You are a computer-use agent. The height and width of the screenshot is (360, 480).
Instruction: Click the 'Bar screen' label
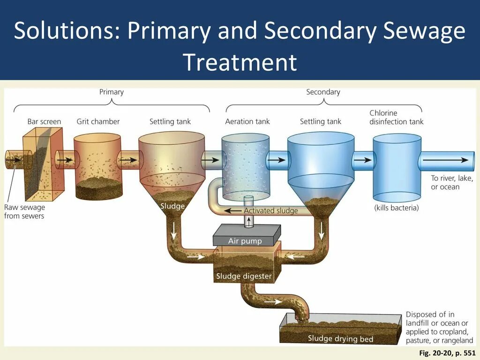pyautogui.click(x=44, y=122)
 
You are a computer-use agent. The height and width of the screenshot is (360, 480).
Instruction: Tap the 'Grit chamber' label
pyautogui.click(x=98, y=122)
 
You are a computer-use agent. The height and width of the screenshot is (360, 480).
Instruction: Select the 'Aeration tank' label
pyautogui.click(x=247, y=122)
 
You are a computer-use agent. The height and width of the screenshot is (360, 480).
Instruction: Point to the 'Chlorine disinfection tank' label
pyautogui.click(x=396, y=117)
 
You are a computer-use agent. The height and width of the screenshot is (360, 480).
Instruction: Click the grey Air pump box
pyautogui.click(x=245, y=237)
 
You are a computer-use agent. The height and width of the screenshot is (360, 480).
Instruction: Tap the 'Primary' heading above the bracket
pyautogui.click(x=112, y=92)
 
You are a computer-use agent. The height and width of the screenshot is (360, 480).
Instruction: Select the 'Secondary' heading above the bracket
pyautogui.click(x=323, y=92)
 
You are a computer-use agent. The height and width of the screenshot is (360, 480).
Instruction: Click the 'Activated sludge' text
pyautogui.click(x=270, y=210)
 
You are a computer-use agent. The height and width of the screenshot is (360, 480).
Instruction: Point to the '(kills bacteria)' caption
pyautogui.click(x=396, y=208)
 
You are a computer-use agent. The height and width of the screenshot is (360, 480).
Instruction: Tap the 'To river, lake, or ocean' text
pyautogui.click(x=452, y=183)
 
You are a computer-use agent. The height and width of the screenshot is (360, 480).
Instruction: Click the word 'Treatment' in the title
pyautogui.click(x=240, y=62)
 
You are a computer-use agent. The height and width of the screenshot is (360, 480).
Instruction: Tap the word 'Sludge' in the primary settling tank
pyautogui.click(x=172, y=206)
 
